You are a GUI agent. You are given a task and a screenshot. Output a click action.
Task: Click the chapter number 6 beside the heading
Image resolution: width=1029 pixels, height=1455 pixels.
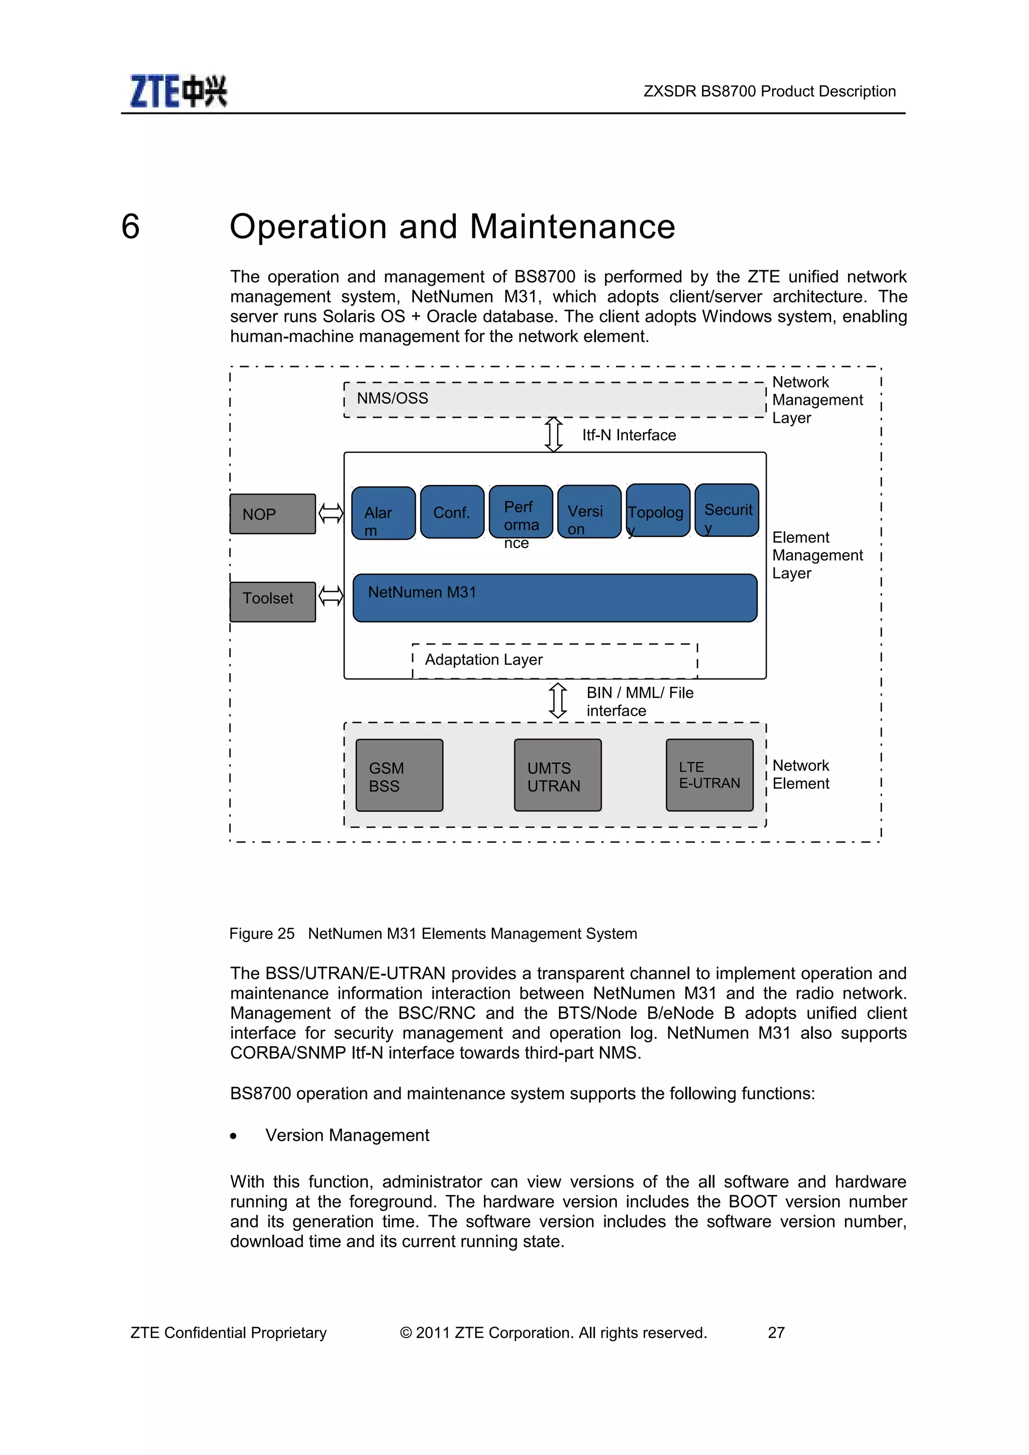[x=131, y=226]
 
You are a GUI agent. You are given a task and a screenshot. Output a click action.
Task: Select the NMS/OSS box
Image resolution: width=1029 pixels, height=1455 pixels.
[x=554, y=399]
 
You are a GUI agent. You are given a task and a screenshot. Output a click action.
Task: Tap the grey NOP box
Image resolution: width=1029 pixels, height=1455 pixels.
[x=273, y=514]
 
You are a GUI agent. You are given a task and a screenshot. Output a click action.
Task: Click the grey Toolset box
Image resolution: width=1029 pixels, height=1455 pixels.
[x=273, y=601]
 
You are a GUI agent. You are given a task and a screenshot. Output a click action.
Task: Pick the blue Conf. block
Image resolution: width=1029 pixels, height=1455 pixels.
[x=452, y=512]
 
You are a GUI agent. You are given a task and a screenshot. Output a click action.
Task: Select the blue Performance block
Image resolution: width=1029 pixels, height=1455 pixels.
[x=521, y=512]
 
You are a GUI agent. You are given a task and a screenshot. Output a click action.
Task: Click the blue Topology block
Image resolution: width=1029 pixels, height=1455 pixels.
[x=658, y=511]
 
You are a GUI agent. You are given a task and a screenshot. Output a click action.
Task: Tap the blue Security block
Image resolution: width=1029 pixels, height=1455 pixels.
[x=727, y=510]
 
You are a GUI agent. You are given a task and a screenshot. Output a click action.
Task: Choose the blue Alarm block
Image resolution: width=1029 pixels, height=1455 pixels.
[x=383, y=513]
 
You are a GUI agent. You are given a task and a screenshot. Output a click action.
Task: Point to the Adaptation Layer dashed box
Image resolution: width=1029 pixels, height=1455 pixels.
[x=555, y=660]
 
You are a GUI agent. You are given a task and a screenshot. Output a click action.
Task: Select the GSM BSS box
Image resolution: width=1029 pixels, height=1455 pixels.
[x=399, y=775]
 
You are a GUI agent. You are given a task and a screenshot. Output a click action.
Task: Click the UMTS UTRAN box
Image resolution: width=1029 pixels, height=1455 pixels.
[x=557, y=775]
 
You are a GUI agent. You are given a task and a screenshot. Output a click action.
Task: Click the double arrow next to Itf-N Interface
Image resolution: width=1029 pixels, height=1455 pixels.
[x=554, y=435]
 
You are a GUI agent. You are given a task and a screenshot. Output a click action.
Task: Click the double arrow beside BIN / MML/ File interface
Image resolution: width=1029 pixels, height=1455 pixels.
[x=557, y=700]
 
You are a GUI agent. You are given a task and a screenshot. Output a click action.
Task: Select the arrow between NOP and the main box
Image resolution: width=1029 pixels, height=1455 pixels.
[x=330, y=513]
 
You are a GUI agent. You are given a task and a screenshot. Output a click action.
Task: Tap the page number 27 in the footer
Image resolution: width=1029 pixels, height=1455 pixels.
[x=776, y=1332]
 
